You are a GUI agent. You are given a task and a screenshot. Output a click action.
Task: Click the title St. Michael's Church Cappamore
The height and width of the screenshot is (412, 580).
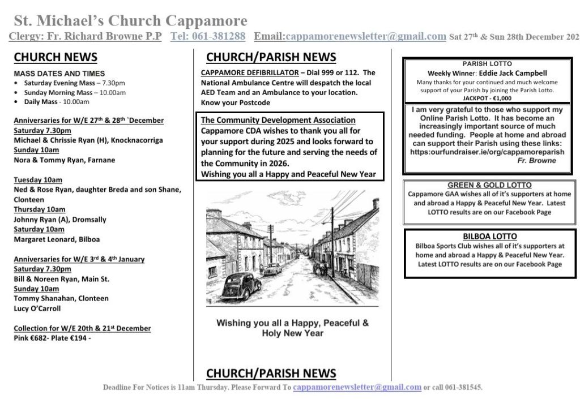[130, 21]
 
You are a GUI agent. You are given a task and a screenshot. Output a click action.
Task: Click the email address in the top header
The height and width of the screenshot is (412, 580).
[366, 36]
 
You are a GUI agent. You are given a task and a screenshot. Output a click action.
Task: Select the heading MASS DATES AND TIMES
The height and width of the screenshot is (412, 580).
[59, 74]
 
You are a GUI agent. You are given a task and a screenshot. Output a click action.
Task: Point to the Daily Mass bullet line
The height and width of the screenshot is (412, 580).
[56, 102]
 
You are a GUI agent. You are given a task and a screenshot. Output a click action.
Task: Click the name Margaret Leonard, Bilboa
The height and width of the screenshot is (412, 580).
[56, 239]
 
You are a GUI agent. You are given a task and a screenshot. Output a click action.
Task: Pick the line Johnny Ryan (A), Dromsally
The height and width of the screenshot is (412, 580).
[59, 220]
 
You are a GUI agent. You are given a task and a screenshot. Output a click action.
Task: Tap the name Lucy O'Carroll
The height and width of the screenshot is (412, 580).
[37, 308]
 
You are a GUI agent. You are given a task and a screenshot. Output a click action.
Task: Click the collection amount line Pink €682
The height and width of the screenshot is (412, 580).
[52, 338]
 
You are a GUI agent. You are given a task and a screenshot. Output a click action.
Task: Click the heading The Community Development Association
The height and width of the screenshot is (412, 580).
[278, 120]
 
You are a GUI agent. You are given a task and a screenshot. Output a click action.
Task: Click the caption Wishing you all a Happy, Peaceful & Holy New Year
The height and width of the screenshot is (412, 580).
[292, 328]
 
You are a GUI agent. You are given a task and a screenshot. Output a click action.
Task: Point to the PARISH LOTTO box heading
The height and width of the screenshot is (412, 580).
[487, 64]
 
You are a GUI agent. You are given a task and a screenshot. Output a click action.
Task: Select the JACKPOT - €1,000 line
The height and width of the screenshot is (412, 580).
[487, 98]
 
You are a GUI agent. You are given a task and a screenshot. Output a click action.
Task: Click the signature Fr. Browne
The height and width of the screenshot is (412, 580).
[536, 161]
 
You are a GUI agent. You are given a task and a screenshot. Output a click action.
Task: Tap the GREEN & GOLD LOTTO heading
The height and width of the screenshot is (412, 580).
[489, 185]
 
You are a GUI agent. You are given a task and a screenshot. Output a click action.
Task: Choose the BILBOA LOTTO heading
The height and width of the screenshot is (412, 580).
[489, 237]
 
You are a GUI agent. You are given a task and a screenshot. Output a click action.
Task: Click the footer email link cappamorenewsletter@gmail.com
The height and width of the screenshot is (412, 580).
[357, 388]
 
